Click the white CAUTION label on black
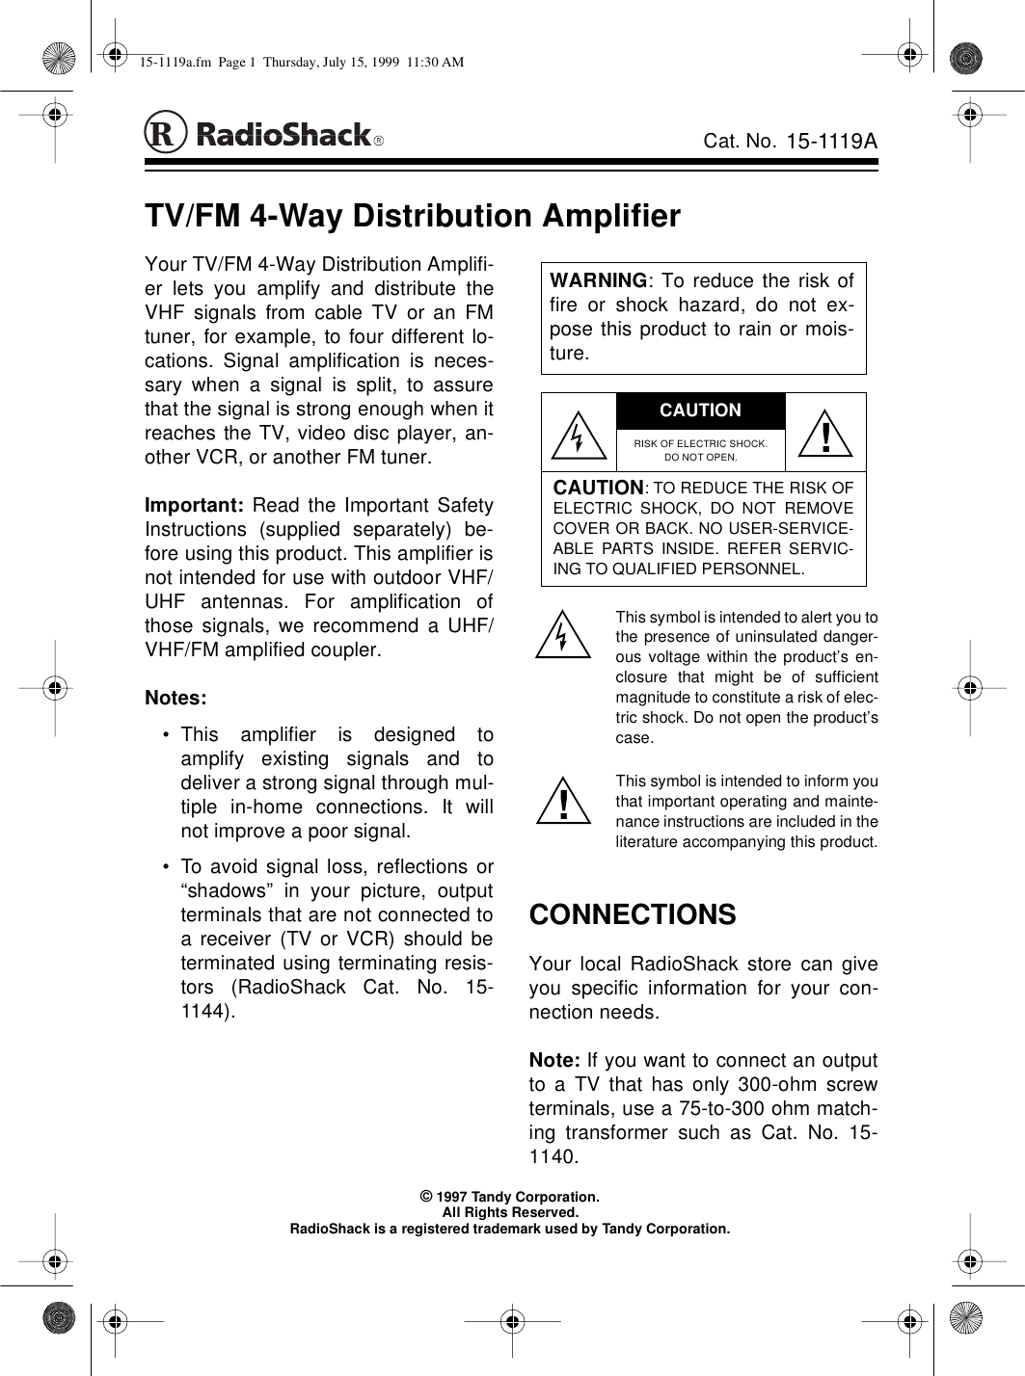700,410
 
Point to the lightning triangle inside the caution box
577,435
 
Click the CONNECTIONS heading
633,914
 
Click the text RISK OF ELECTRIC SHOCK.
700,443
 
